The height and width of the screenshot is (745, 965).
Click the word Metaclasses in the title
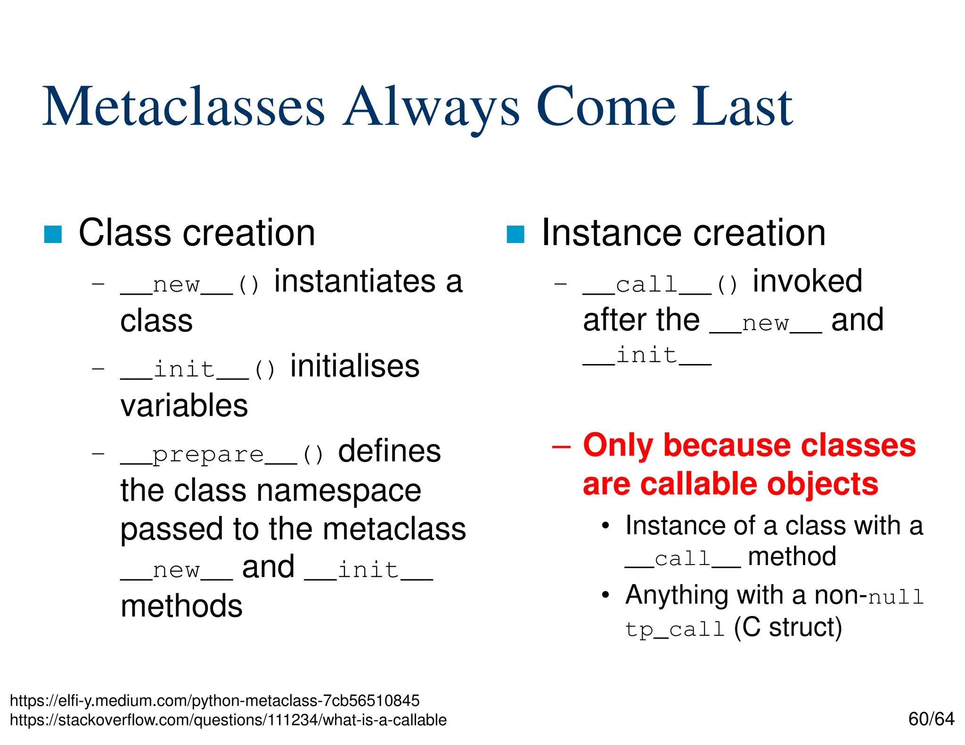[x=184, y=107]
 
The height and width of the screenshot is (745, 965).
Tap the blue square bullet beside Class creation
[x=53, y=234]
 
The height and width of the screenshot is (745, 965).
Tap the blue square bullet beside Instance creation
[x=515, y=234]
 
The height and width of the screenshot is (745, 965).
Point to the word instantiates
[x=354, y=282]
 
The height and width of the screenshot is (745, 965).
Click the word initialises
[x=354, y=366]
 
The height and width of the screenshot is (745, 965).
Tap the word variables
[x=184, y=406]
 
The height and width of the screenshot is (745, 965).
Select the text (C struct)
[x=787, y=628]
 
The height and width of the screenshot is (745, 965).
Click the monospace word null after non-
[x=895, y=597]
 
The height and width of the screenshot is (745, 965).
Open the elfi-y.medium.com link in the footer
[x=214, y=701]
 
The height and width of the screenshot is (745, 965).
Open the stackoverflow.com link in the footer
[x=228, y=720]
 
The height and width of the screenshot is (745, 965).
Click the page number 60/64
[x=931, y=719]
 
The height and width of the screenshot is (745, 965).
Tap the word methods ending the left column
[x=181, y=606]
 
